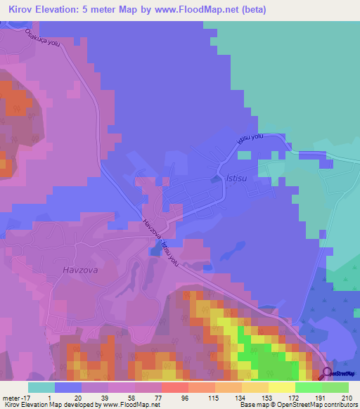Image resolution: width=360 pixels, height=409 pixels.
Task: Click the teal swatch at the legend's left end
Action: pyautogui.click(x=41, y=387)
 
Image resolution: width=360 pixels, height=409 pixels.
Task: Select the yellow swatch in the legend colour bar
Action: pyautogui.click(x=282, y=387)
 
